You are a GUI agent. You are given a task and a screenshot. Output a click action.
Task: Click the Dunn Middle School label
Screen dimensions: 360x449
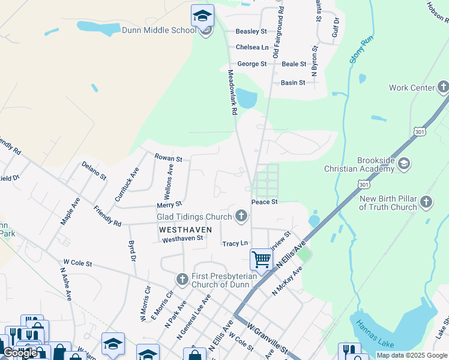(x=158, y=30)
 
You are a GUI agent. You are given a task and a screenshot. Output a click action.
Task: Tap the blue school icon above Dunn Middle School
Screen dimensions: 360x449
(x=202, y=14)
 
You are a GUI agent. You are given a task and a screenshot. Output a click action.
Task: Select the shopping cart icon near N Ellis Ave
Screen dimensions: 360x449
(x=261, y=260)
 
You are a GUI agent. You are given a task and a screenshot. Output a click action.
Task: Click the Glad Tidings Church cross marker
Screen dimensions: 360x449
(x=241, y=216)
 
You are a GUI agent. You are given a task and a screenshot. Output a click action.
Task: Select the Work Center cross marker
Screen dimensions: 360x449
(x=443, y=88)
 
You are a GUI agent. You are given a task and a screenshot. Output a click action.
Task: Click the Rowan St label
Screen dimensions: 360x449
(x=168, y=158)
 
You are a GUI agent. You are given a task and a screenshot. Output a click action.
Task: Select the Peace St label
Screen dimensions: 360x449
(x=264, y=202)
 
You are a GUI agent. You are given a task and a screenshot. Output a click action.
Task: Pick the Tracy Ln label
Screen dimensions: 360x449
(x=235, y=243)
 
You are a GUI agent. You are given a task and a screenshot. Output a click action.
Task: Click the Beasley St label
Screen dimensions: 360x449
(x=251, y=31)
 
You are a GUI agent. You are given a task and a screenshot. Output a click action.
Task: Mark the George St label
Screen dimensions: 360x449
(x=252, y=64)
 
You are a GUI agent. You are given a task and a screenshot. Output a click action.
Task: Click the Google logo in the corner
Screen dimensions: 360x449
(x=19, y=353)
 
